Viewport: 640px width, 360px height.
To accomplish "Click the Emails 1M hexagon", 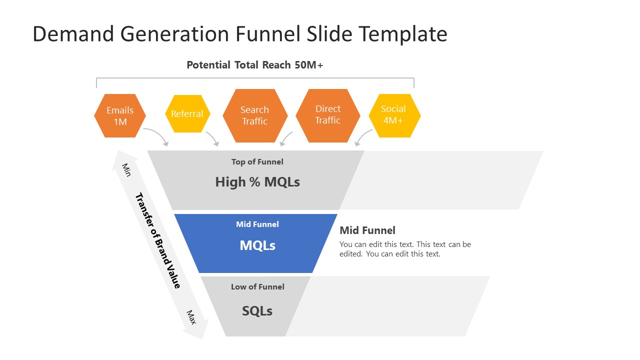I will pyautogui.click(x=120, y=115).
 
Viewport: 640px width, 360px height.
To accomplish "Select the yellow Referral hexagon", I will pyautogui.click(x=187, y=114).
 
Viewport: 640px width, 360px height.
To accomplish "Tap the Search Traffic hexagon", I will pyautogui.click(x=254, y=115).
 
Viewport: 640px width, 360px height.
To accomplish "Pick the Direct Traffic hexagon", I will pyautogui.click(x=328, y=115).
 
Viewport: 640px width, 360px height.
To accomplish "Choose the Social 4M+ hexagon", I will pyautogui.click(x=394, y=115).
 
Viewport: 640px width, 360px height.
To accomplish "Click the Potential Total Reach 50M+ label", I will pyautogui.click(x=255, y=65).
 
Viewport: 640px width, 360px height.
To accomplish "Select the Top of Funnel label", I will pyautogui.click(x=257, y=161).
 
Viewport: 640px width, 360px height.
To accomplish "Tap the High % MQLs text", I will pyautogui.click(x=257, y=182).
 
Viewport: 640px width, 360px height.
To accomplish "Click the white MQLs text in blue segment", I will pyautogui.click(x=257, y=245).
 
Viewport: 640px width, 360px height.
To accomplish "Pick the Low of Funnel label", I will pyautogui.click(x=257, y=286).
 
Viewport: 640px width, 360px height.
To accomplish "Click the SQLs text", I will pyautogui.click(x=257, y=311).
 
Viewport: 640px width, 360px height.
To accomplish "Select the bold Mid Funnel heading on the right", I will pyautogui.click(x=367, y=230).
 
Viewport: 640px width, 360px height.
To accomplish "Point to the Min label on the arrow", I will pyautogui.click(x=126, y=169).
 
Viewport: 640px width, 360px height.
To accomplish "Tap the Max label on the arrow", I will pyautogui.click(x=191, y=317).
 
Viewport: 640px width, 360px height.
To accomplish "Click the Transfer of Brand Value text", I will pyautogui.click(x=157, y=240).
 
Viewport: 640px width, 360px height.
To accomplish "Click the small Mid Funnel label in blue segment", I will pyautogui.click(x=257, y=224).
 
